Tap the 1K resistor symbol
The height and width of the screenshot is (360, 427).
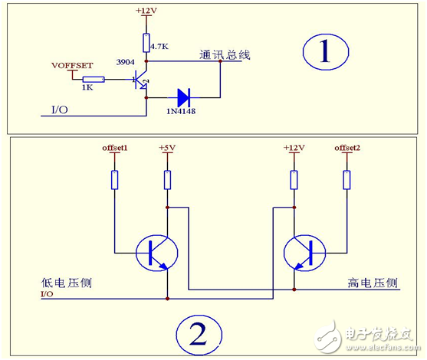point(94,79)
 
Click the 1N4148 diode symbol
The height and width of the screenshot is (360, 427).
point(182,97)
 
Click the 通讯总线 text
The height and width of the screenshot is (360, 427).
point(225,55)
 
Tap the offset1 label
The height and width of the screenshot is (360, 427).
point(114,146)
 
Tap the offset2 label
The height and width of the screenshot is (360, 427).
point(346,146)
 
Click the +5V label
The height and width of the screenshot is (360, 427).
point(167,146)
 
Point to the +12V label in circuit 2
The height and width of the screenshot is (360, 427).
point(294,146)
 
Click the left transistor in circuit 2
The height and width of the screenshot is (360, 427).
point(156,252)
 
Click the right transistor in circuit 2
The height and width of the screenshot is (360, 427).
point(304,252)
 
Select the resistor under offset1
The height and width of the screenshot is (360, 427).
point(114,180)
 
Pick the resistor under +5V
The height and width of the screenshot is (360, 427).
point(167,180)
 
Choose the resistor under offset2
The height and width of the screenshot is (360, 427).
point(346,180)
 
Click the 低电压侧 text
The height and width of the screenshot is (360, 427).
point(64,282)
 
